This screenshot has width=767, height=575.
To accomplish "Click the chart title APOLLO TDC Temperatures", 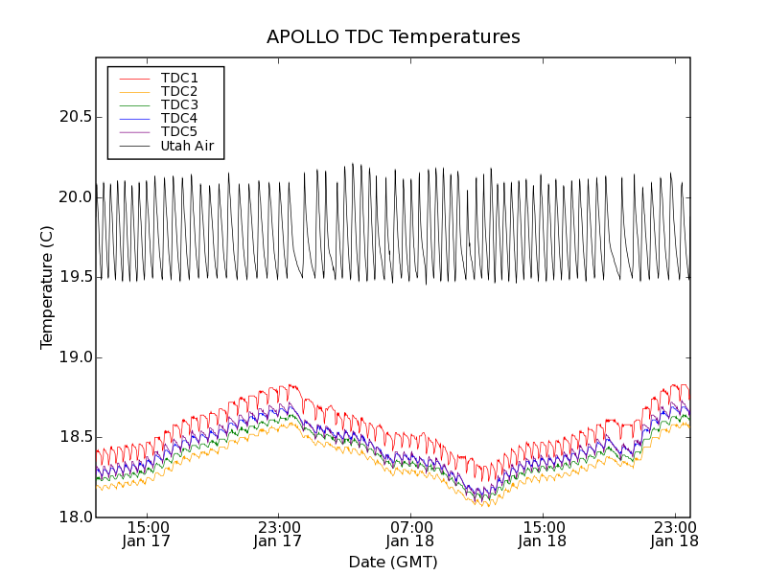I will point(393,37).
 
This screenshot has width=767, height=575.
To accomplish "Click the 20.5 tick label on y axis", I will point(73,117).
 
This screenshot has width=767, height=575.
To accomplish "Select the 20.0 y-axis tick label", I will point(73,197).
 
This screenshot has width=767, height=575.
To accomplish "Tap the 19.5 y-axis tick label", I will point(73,277).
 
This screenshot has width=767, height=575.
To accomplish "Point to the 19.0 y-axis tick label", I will point(73,357).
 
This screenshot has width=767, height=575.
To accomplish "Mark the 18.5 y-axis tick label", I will point(73,437).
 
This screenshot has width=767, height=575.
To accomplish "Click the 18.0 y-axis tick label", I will point(73,517).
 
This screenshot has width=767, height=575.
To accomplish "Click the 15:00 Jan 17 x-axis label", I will point(147,534).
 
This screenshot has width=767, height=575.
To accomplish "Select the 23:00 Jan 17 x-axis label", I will point(278,534).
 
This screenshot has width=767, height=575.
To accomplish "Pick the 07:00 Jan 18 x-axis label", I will point(410,534).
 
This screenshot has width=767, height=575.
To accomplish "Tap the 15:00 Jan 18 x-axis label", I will point(543,534).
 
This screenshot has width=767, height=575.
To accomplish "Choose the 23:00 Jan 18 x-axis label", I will point(674,534).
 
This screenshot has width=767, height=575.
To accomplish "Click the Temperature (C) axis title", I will point(47,287).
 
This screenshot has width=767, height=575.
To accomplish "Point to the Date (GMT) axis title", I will point(393,562).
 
